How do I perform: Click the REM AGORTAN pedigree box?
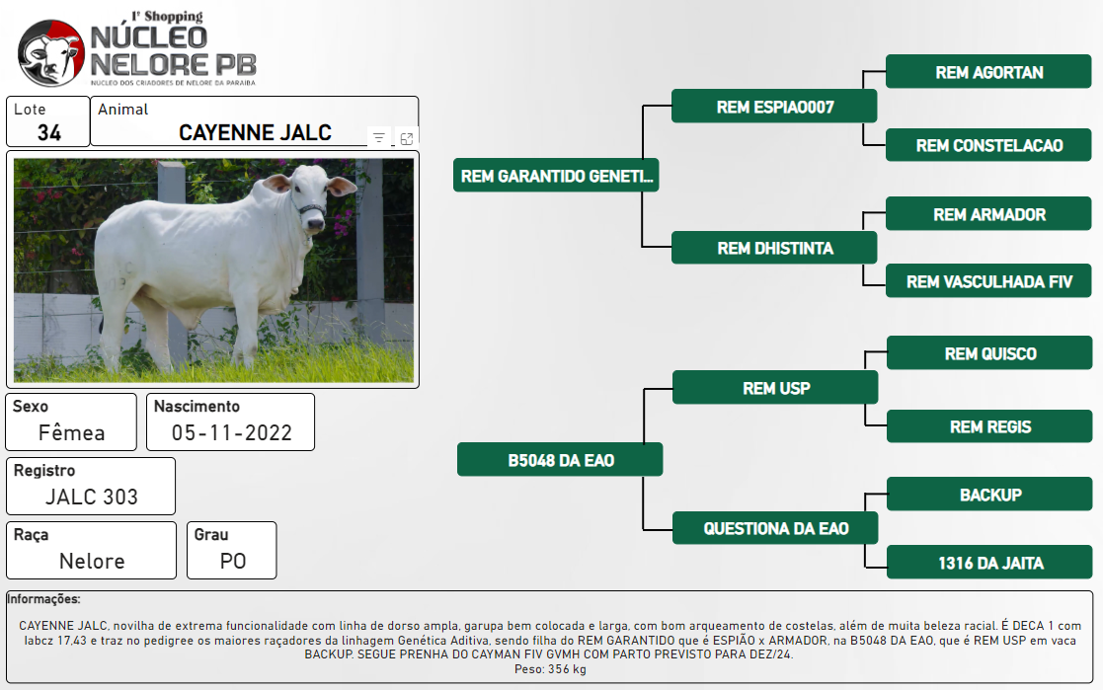988,72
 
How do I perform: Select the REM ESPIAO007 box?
774,107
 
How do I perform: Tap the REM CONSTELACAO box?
988,145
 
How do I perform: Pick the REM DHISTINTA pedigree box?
774,248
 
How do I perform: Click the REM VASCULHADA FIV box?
988,281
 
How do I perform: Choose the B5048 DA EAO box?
560,460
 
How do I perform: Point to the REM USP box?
775,387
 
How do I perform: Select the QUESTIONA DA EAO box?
775,528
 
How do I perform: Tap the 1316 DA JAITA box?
989,563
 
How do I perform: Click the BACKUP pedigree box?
989,495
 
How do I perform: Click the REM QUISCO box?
989,352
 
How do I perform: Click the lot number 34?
49,132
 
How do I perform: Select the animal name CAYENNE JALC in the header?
255,132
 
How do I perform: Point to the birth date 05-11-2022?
231,432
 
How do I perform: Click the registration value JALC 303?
92,497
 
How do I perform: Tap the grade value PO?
233,561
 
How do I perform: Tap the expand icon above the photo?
407,138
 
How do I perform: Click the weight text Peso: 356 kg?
550,669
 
